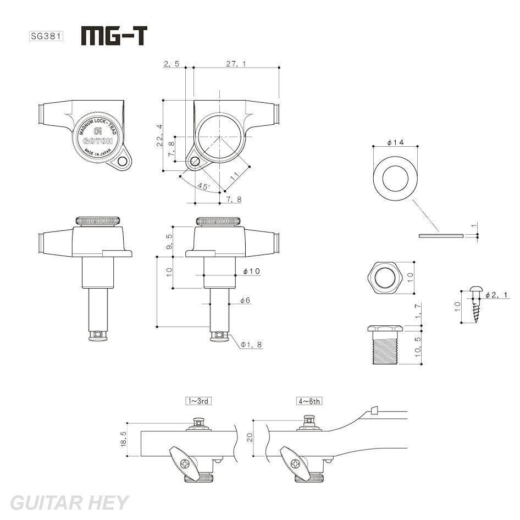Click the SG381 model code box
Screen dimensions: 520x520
point(46,37)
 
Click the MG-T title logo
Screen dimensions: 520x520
point(114,36)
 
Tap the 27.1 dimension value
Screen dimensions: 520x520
point(236,64)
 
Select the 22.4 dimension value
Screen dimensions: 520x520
point(159,135)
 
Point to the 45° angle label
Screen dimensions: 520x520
point(203,187)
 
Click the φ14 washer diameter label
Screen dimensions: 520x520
point(395,142)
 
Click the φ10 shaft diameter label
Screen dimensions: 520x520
point(251,271)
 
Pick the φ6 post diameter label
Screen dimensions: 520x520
point(245,300)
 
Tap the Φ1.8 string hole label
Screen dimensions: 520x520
point(251,345)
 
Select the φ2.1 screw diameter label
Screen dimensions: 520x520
point(497,296)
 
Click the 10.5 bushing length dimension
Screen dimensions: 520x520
point(418,347)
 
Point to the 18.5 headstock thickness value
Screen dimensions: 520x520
point(123,439)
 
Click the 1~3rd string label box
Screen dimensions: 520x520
point(198,401)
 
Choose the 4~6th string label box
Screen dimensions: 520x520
point(309,401)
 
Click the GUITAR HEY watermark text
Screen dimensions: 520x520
point(69,502)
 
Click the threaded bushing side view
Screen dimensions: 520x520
point(384,346)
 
